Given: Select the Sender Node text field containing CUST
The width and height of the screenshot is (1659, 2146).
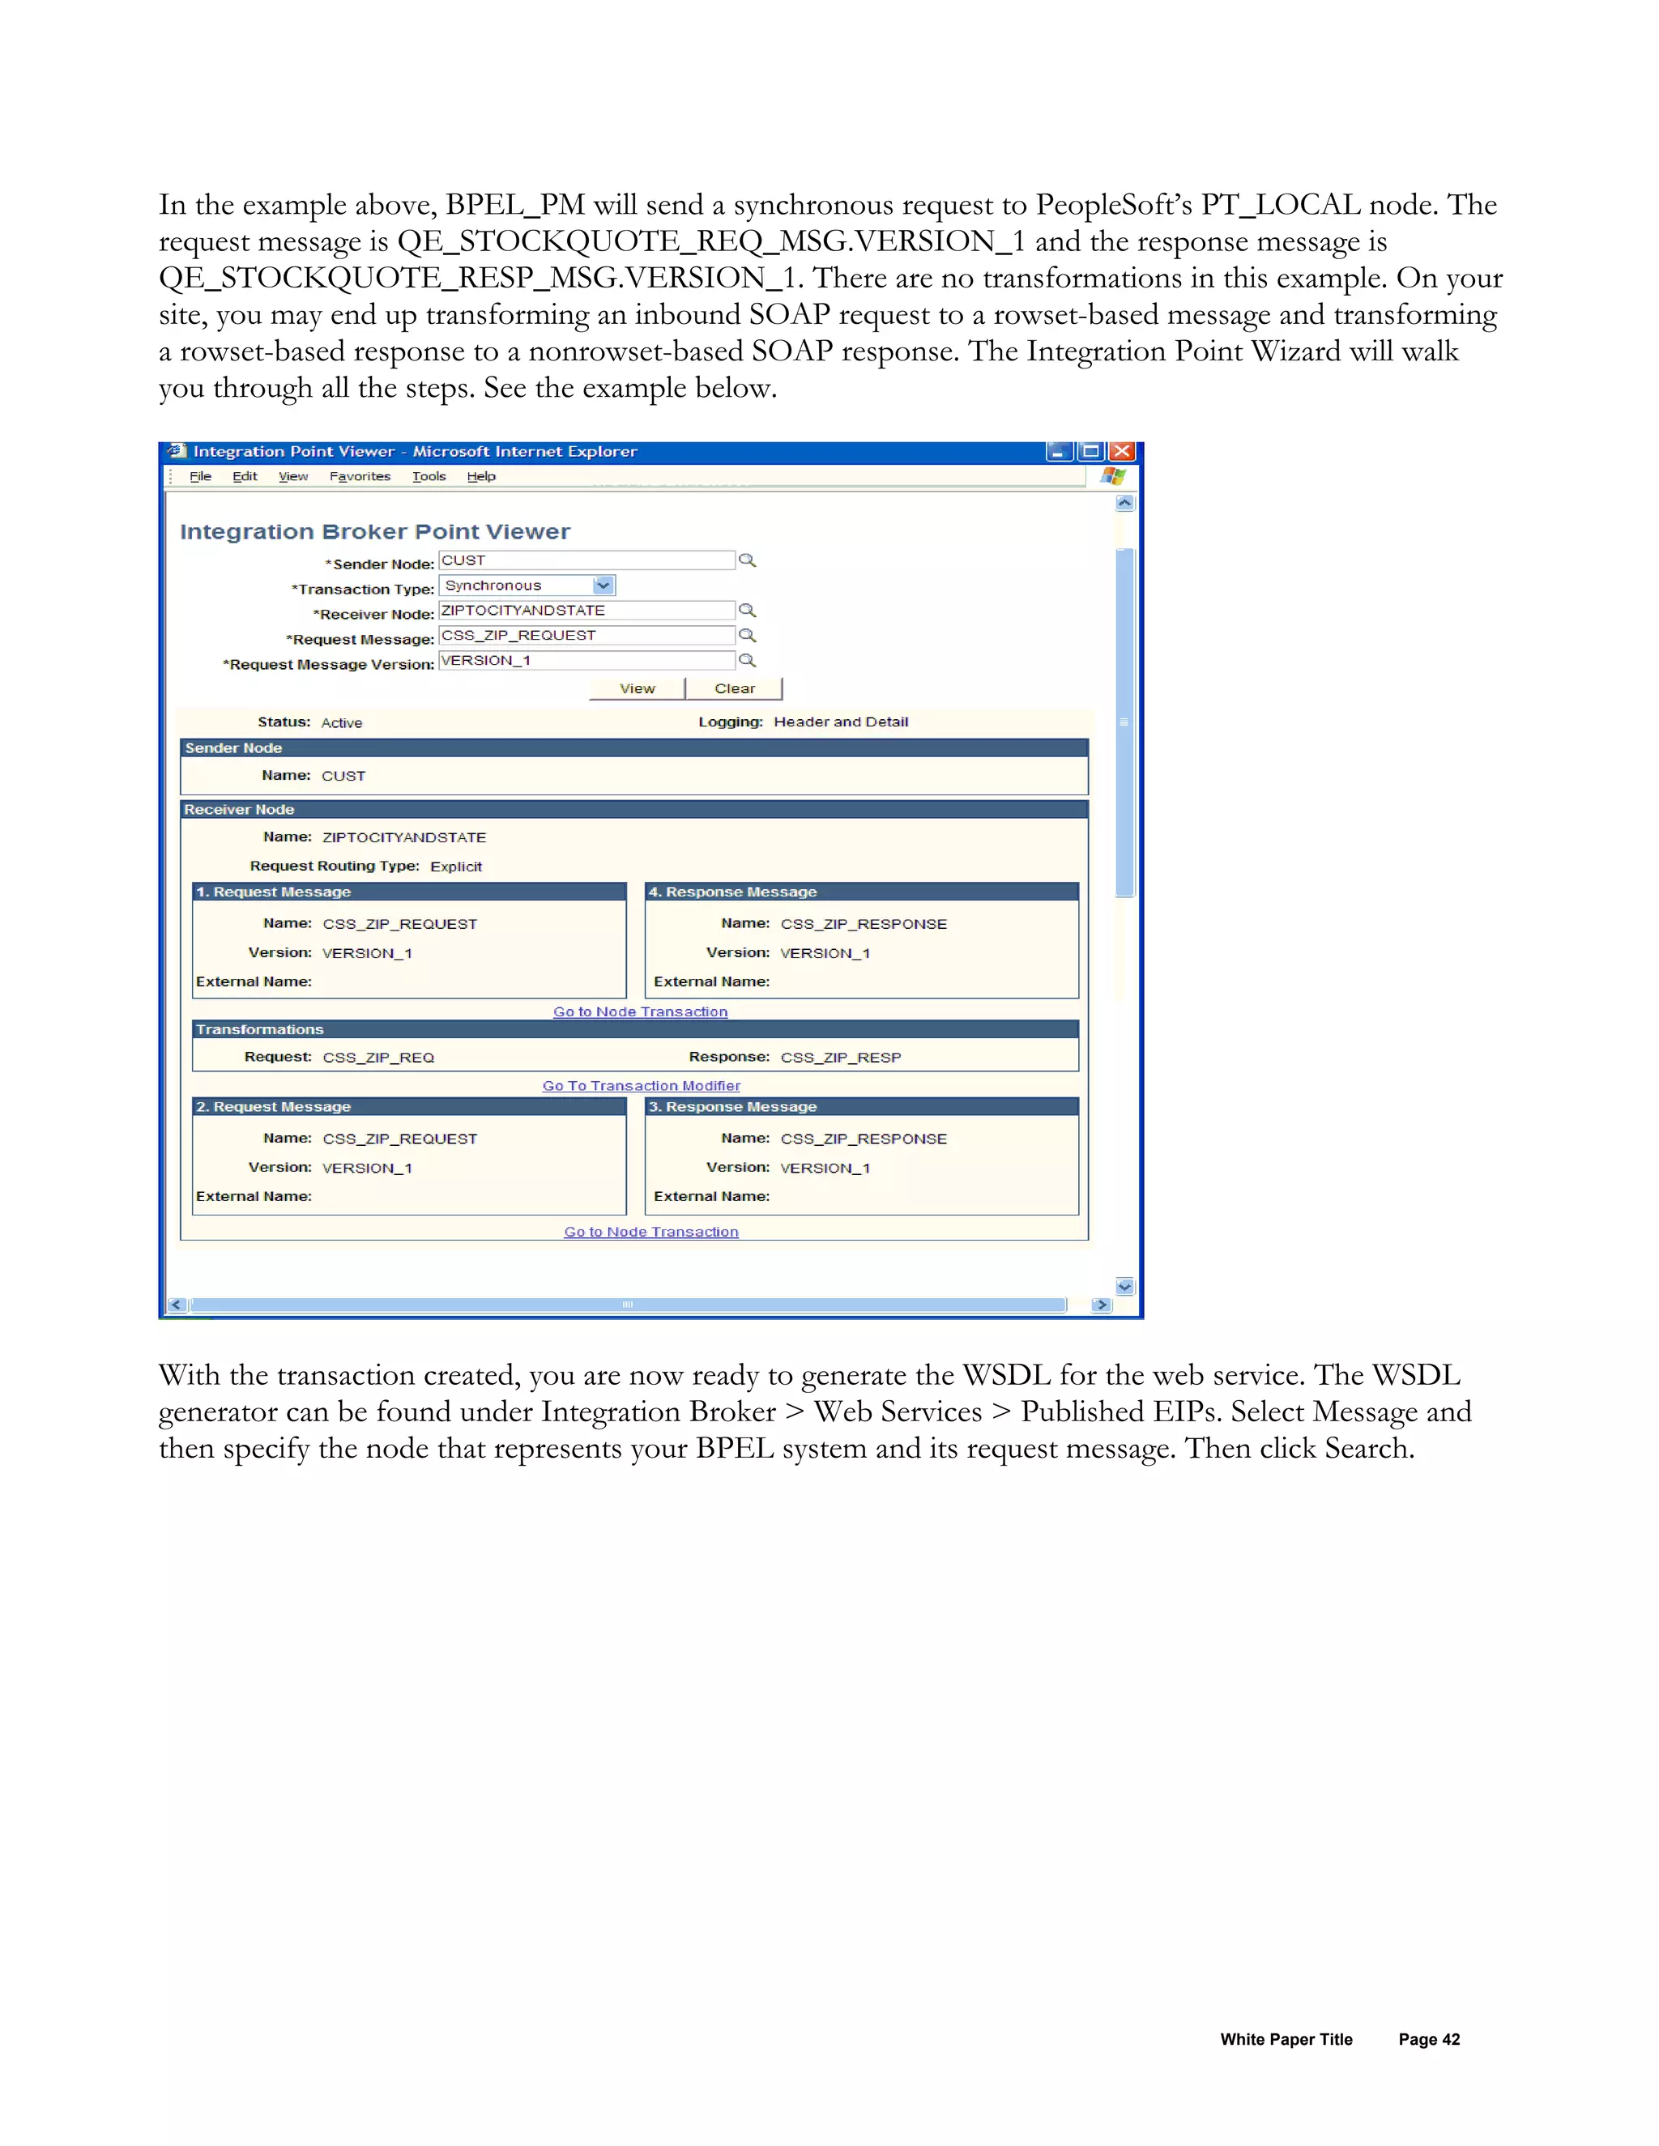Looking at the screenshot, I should (x=586, y=560).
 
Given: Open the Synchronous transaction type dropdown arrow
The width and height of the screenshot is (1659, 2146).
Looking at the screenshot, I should (x=603, y=585).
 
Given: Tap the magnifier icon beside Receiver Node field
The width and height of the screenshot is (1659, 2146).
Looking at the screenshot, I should (x=747, y=611).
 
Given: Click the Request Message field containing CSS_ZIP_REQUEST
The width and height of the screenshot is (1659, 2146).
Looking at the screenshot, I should (x=586, y=636).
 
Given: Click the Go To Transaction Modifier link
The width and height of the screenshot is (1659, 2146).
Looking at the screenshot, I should (x=641, y=1086).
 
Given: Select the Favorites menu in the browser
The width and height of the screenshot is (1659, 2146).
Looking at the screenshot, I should (x=360, y=476).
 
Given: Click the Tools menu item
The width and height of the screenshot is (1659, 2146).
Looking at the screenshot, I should (x=429, y=476).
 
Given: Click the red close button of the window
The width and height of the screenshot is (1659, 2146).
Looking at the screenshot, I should (x=1121, y=452).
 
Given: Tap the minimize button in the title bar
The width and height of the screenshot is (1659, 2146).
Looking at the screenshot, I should (x=1059, y=452).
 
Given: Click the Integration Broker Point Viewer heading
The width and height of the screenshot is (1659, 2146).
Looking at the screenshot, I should (x=374, y=531).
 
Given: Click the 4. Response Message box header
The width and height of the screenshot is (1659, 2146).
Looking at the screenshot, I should (x=732, y=892).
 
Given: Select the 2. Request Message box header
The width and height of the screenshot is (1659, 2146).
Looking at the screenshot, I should (x=273, y=1107).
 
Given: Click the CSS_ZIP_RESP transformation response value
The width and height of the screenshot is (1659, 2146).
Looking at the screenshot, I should (x=840, y=1058).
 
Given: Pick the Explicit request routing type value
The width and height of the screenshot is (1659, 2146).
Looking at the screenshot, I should (x=456, y=866).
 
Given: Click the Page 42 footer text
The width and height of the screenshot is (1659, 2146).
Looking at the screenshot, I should (x=1429, y=2040).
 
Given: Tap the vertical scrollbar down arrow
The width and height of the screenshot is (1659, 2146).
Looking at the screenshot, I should (x=1125, y=1286).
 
